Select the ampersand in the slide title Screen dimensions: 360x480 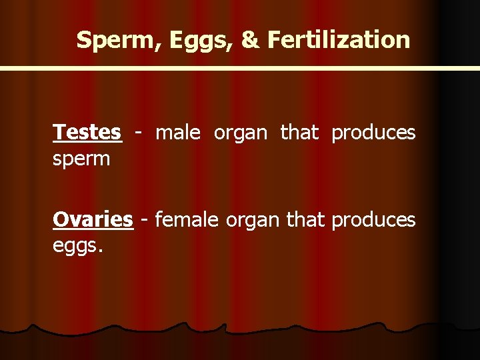tap(249, 40)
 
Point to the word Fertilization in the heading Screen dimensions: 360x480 tap(339, 40)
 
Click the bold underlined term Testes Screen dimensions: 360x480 tap(87, 133)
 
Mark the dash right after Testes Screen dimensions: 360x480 tap(138, 133)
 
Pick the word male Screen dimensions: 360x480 tap(177, 133)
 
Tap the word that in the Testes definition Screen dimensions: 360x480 tap(299, 133)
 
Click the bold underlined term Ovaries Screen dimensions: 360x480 tap(93, 219)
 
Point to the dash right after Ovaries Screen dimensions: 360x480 tap(143, 220)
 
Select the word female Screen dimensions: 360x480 tap(186, 219)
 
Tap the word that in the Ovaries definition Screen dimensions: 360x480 tap(304, 219)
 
